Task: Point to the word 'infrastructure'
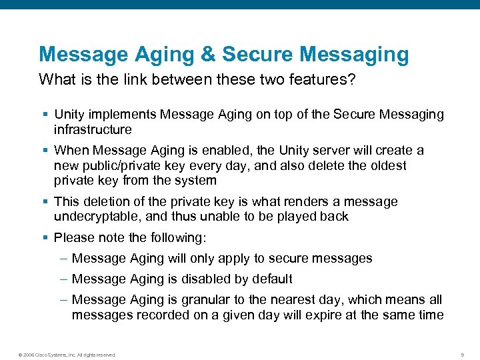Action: coord(93,129)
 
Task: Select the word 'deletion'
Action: coord(102,201)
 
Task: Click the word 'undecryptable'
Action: coord(95,216)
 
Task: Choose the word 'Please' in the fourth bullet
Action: coord(73,237)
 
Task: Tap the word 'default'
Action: coord(271,279)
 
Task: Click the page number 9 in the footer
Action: coord(463,354)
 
